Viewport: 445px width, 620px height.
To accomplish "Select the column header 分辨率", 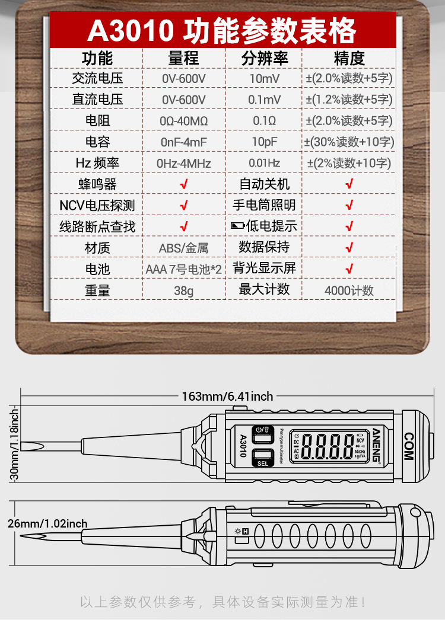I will [x=264, y=58].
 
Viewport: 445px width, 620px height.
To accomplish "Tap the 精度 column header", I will [x=349, y=58].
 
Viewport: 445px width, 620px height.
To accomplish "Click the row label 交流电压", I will [x=97, y=78].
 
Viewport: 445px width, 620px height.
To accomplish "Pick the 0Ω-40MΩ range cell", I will [x=184, y=121].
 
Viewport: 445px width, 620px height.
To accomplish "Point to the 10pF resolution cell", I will [x=264, y=142].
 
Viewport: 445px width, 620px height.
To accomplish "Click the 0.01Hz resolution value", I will [x=264, y=163].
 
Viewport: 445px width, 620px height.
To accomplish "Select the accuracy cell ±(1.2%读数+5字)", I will [x=349, y=100].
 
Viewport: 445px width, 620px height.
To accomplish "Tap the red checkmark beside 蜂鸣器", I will [x=184, y=184].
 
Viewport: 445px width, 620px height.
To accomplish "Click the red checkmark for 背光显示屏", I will [x=349, y=269].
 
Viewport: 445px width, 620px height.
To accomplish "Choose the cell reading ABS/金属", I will [x=184, y=248].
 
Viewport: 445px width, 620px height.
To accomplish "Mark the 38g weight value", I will [x=184, y=290].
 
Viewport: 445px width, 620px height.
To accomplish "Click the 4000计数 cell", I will [x=349, y=290].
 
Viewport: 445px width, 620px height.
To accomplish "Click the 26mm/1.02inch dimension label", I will [x=47, y=523].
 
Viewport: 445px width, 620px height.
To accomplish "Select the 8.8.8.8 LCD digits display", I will [x=328, y=445].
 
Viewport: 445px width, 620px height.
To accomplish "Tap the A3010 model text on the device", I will [x=243, y=446].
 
